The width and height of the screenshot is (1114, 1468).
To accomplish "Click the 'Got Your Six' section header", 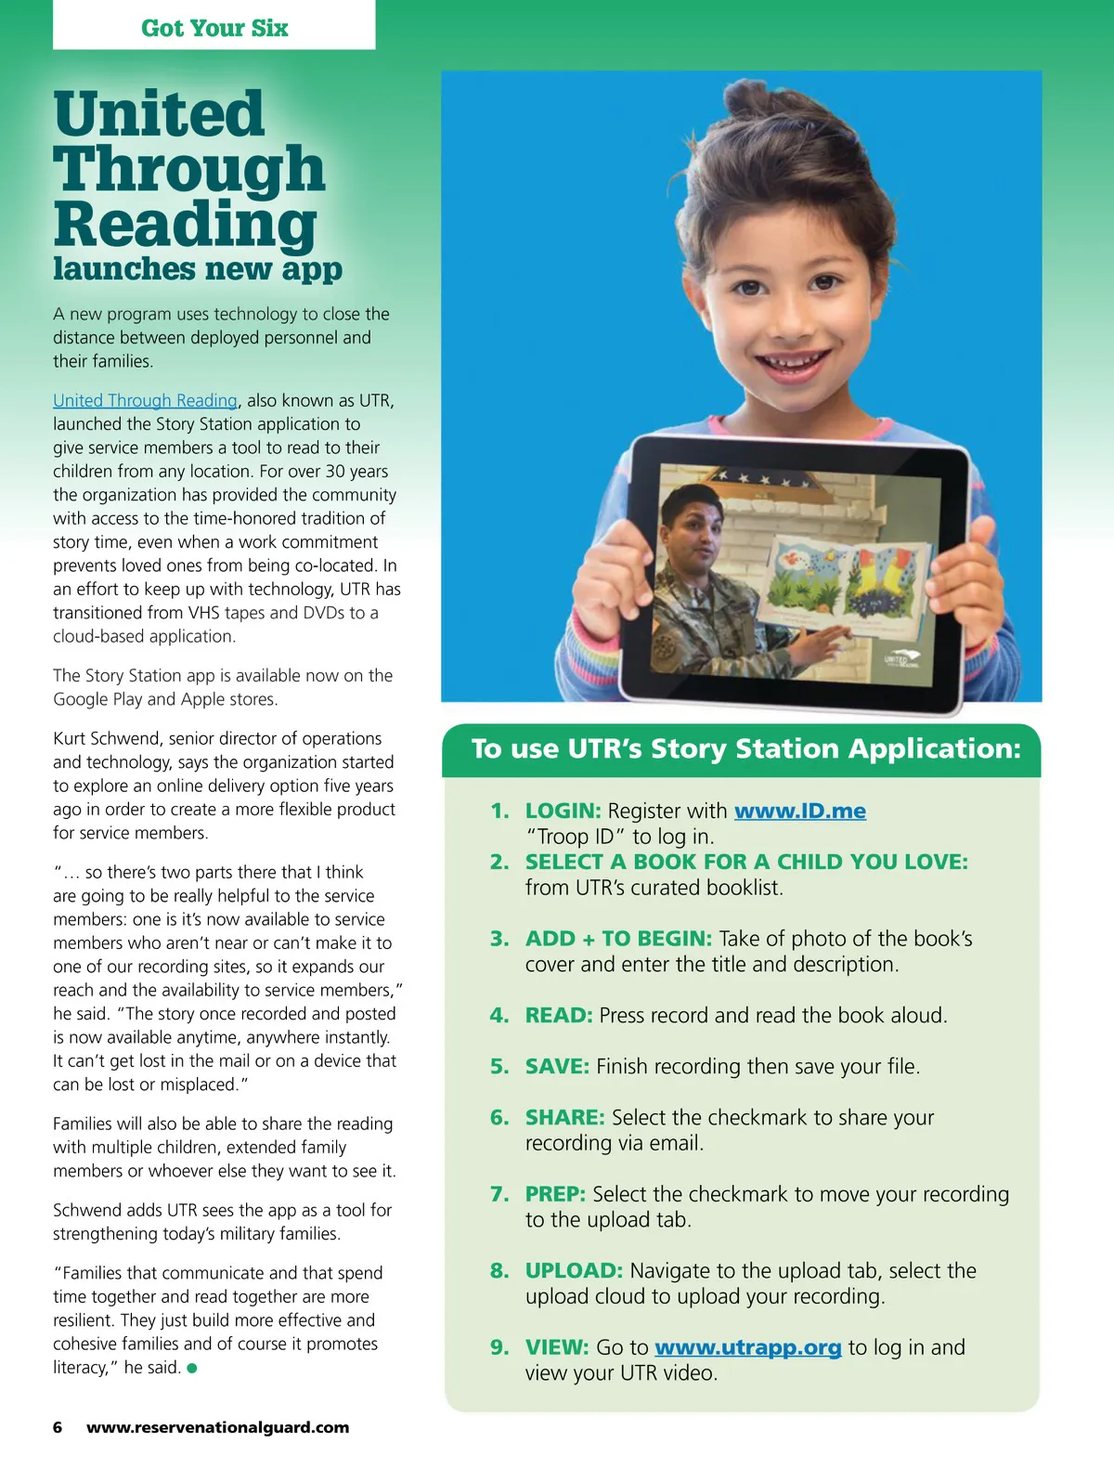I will [x=214, y=28].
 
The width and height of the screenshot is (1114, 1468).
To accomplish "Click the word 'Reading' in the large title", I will [x=185, y=224].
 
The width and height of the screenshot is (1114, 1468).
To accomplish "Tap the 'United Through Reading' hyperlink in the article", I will [x=145, y=400].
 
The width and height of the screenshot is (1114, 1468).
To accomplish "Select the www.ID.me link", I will [x=799, y=811].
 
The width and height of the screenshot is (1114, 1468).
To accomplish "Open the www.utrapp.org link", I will [x=747, y=1347].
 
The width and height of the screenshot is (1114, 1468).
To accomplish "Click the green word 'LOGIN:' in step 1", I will [x=563, y=811].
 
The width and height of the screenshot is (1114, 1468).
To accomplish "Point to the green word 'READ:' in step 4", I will [x=558, y=1015].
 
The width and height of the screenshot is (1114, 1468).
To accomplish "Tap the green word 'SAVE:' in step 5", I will [x=557, y=1066].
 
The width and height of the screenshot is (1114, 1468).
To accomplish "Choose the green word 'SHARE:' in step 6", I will [x=564, y=1117].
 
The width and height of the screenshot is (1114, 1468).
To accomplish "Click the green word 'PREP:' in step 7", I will [x=555, y=1194].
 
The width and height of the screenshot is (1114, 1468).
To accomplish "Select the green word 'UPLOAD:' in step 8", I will [x=574, y=1270].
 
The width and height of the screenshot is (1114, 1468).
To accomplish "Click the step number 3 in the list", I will [x=499, y=939].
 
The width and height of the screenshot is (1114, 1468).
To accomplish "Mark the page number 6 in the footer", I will [x=58, y=1427].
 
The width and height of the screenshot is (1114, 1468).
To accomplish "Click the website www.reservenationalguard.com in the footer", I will [x=218, y=1427].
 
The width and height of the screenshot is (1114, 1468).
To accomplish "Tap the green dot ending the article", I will [x=192, y=1368].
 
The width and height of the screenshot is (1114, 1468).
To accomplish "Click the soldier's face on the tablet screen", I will [x=693, y=529].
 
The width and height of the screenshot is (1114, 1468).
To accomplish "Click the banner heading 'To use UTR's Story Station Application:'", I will [x=745, y=748].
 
